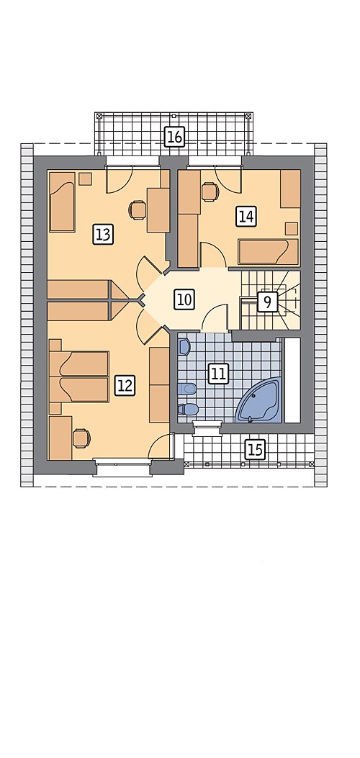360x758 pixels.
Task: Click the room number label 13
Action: pyautogui.click(x=103, y=235)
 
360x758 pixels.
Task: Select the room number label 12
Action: pyautogui.click(x=124, y=386)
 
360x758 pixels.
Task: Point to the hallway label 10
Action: pyautogui.click(x=184, y=299)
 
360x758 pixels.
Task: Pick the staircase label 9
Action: pyautogui.click(x=266, y=302)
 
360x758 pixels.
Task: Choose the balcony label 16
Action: pyautogui.click(x=174, y=137)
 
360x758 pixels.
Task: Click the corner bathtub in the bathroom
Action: pyautogui.click(x=258, y=401)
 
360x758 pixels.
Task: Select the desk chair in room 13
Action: pyautogui.click(x=137, y=209)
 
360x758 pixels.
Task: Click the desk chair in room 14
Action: pyautogui.click(x=210, y=191)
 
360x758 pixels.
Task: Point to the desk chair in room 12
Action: pyautogui.click(x=81, y=438)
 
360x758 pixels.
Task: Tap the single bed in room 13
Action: pyautogui.click(x=63, y=202)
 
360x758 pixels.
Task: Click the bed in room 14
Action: pyautogui.click(x=268, y=252)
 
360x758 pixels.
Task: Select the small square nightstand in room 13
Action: pyautogui.click(x=86, y=179)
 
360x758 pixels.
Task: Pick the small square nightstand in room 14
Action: pyautogui.click(x=292, y=228)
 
